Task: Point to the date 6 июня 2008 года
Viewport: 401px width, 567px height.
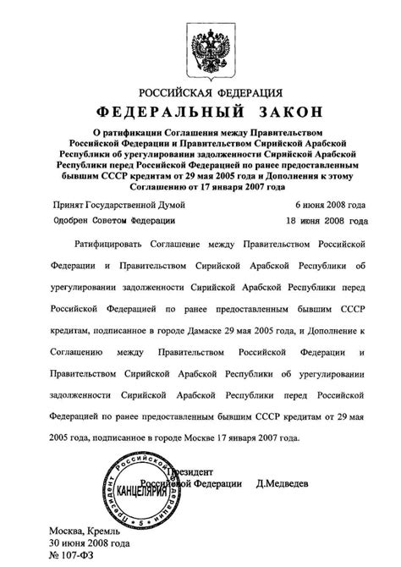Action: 332,205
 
